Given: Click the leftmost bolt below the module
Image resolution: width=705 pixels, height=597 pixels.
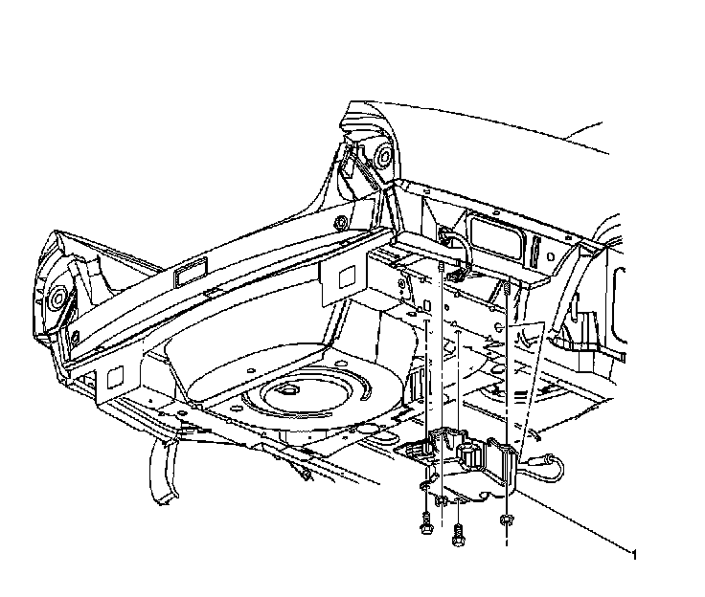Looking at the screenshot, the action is coord(423,522).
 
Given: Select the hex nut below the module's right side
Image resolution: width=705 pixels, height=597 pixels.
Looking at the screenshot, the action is coord(505,520).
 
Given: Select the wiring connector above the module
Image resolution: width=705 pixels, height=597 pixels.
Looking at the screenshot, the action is coord(458,273).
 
